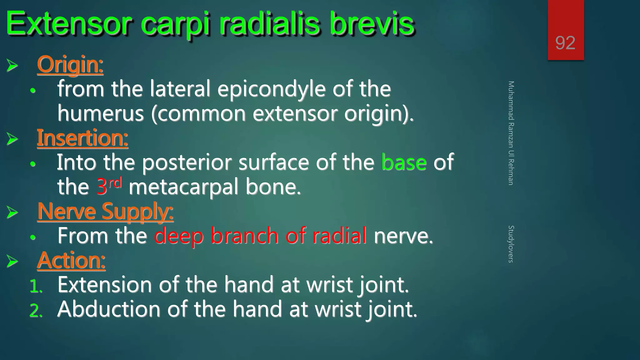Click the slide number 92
tap(565, 43)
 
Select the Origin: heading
tap(70, 64)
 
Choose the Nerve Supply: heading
tap(105, 212)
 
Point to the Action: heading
tap(71, 260)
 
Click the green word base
tap(404, 162)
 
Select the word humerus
tap(101, 113)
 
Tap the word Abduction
tap(108, 309)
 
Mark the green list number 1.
tap(35, 286)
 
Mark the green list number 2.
tap(35, 311)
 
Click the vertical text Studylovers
tap(511, 244)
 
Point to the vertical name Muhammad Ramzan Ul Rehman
tap(511, 133)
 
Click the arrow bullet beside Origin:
tap(12, 66)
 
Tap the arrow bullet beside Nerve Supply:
tap(12, 212)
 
